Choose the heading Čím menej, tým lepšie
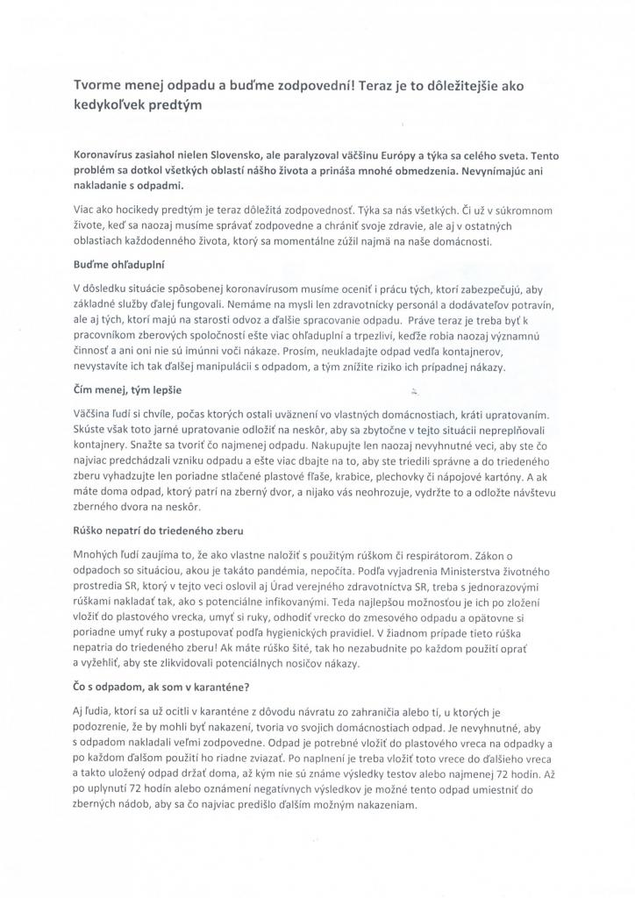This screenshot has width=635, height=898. (x=128, y=388)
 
